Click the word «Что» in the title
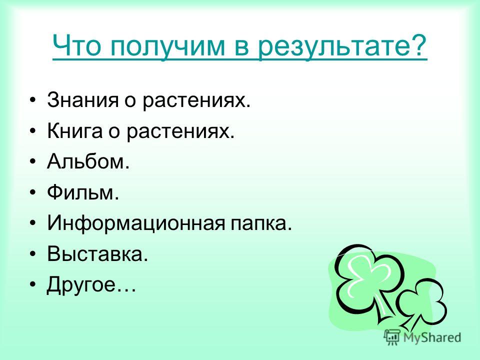77,45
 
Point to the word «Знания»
82,100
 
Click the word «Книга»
74,130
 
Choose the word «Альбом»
85,161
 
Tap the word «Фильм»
79,192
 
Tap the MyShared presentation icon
392,337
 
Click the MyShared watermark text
432,338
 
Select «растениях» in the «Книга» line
178,132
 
